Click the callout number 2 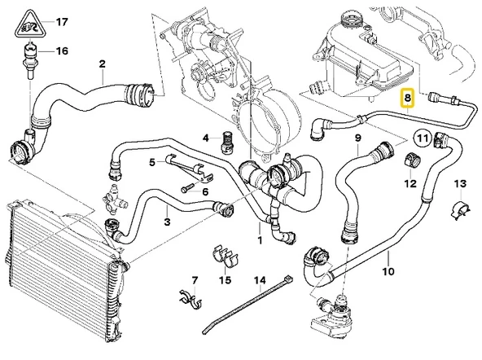[102, 64]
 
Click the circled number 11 [422, 138]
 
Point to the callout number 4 [206, 138]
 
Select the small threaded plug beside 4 [228, 143]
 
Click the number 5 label [151, 163]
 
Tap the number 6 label [206, 192]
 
